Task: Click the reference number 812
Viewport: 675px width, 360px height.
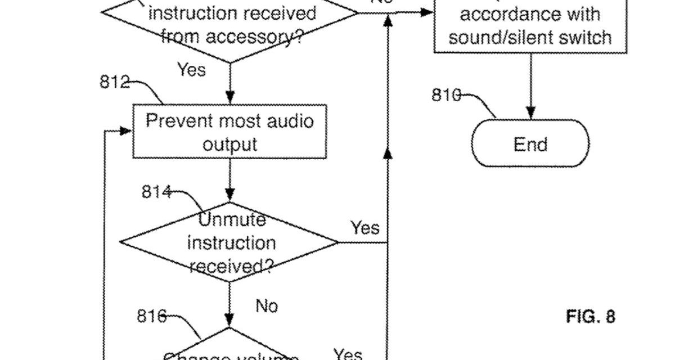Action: pos(114,82)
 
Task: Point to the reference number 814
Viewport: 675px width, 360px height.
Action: pos(156,192)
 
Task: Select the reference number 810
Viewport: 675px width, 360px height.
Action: pos(446,95)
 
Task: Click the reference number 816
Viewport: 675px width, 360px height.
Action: pos(151,317)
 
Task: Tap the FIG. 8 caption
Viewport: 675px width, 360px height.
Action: pos(591,317)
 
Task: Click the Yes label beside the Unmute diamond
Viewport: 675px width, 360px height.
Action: pos(365,228)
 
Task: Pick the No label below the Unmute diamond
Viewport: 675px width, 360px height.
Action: pos(267,306)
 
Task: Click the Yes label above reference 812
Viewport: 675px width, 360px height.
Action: pos(191,70)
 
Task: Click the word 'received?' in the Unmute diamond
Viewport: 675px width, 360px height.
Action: pos(231,265)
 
